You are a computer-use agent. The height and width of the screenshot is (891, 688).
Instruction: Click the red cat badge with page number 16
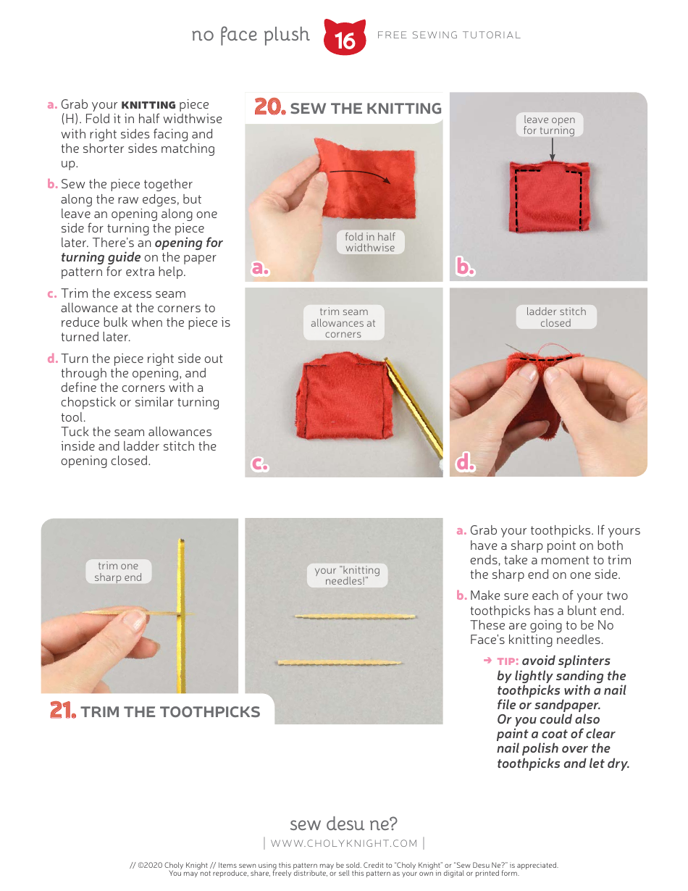point(345,38)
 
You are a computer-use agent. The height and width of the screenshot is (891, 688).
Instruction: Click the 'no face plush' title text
point(251,35)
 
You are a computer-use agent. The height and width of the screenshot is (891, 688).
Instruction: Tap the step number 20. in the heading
point(269,108)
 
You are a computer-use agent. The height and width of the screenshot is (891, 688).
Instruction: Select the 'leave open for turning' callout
point(549,125)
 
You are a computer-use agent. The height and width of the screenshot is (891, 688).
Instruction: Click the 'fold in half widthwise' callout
point(370,242)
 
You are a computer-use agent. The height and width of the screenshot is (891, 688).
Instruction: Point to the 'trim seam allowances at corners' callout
point(343,323)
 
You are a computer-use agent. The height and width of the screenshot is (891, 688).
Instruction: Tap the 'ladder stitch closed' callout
point(555,317)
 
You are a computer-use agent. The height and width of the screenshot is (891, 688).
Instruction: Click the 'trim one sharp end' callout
point(118,572)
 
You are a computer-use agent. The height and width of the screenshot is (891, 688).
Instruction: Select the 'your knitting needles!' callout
point(347,575)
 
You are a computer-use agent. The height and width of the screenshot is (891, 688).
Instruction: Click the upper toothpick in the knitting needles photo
point(355,616)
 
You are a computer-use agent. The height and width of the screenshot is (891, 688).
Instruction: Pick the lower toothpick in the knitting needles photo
point(340,662)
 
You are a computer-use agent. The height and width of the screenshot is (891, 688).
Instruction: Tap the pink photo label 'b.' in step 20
point(465,267)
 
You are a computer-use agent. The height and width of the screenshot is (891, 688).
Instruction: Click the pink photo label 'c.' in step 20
point(260,464)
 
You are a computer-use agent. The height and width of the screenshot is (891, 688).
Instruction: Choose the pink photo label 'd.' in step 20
point(465,464)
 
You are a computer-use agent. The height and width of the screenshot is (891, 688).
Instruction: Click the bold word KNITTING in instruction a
point(148,105)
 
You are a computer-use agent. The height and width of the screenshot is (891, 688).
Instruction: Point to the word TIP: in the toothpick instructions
point(508,661)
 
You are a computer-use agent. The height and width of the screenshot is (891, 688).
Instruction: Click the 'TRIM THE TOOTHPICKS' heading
point(170,711)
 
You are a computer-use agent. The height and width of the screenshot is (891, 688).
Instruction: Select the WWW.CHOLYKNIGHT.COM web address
point(344,843)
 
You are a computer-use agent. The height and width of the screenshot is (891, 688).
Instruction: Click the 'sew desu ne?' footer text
point(343,824)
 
